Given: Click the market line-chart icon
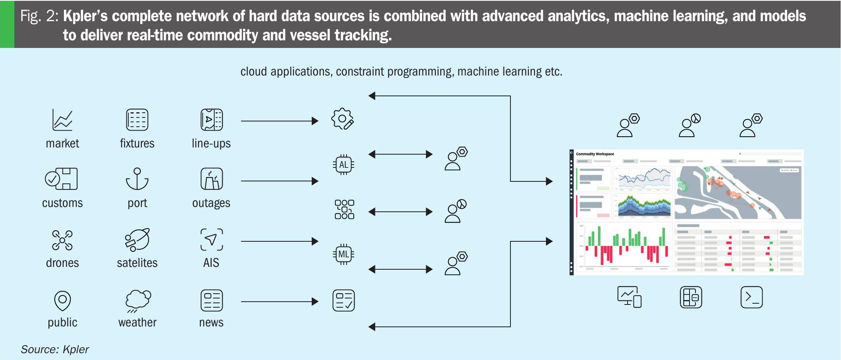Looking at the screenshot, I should click(62, 120).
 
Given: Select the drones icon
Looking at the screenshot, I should click(62, 240).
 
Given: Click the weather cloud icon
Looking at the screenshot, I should click(138, 300).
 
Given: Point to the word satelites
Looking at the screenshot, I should click(137, 263).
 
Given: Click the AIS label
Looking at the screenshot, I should click(211, 263).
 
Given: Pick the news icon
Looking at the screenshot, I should click(211, 300).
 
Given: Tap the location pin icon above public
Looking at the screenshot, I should click(62, 300).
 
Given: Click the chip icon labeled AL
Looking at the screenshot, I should click(343, 165).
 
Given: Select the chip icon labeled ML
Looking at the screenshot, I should click(343, 254).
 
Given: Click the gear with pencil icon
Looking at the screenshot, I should click(343, 119).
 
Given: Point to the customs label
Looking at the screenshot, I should click(62, 203).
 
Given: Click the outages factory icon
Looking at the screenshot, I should click(211, 179).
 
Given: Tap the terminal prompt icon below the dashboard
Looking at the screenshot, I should click(751, 297).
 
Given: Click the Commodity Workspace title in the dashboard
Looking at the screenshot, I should click(595, 154).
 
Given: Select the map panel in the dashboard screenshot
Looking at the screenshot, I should click(738, 193).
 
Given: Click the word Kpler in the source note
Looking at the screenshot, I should click(76, 350).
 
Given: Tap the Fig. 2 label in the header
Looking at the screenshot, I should click(39, 16).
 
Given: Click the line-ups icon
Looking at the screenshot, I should click(211, 120).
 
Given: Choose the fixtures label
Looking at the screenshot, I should click(137, 143).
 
